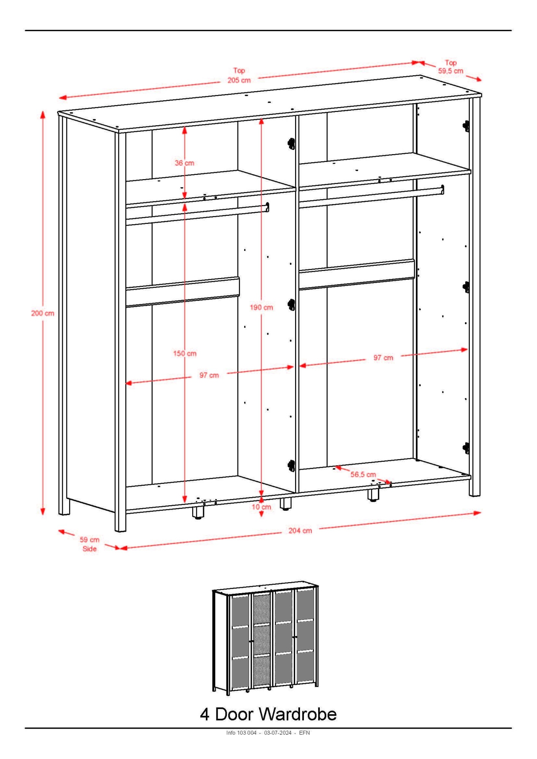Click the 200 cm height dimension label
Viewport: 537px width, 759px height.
pos(43,313)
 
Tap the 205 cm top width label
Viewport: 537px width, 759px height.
pos(239,76)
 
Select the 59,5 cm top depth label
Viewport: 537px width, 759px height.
pos(451,67)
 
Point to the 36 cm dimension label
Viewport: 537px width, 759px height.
pos(184,163)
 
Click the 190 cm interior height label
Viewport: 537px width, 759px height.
pos(261,307)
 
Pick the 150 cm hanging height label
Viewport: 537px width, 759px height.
pos(185,354)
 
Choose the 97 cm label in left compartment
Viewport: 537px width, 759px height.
pos(209,375)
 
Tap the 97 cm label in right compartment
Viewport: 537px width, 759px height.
pos(383,358)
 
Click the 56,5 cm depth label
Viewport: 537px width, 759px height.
pos(363,474)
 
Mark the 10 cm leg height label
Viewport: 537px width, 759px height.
pos(261,507)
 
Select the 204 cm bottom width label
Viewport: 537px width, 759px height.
pos(300,531)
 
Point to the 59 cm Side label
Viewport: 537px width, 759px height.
pos(90,544)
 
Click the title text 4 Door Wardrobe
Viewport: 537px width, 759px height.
pos(268,714)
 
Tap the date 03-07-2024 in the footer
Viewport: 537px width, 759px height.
pos(278,733)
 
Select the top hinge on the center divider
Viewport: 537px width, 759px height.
pos(291,143)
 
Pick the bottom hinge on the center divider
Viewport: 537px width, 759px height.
pos(291,466)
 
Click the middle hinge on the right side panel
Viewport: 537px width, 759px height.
pos(466,287)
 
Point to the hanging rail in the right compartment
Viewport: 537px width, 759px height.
pos(371,196)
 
